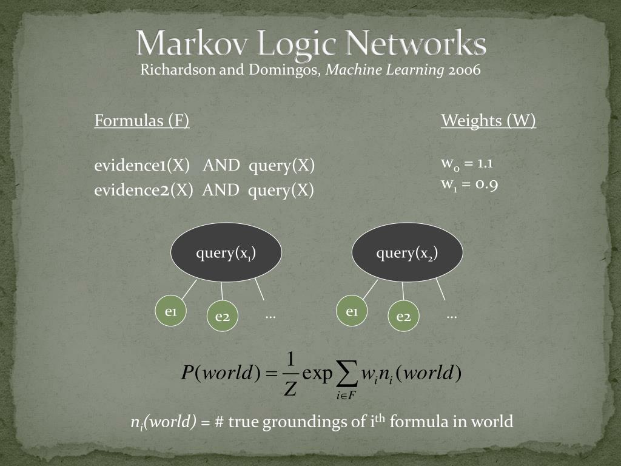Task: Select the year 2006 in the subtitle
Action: click(x=465, y=70)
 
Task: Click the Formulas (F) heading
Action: click(x=142, y=121)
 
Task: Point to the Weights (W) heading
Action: click(x=488, y=121)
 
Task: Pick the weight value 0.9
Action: click(x=487, y=184)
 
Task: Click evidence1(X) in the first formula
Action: click(x=142, y=166)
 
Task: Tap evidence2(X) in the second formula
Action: click(x=143, y=190)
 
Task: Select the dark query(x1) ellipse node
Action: click(x=226, y=252)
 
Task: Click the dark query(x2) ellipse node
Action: click(x=407, y=252)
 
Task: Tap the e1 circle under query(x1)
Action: click(x=171, y=311)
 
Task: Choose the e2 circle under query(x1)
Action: click(x=223, y=316)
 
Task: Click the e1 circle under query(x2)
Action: click(x=352, y=311)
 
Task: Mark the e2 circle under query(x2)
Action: click(x=404, y=316)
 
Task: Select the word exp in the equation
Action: click(x=318, y=373)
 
